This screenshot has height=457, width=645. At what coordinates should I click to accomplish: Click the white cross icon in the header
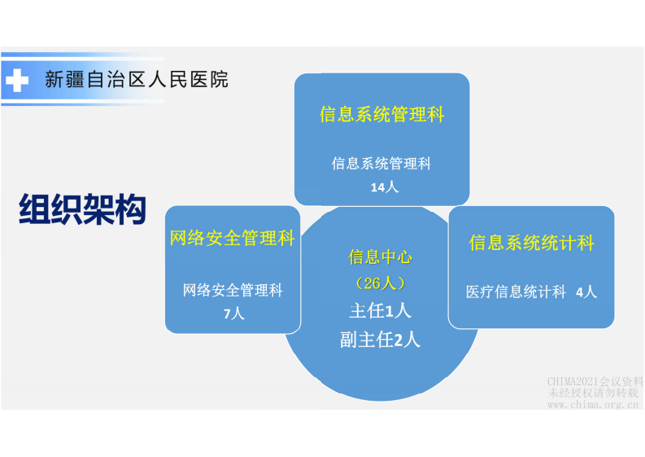coord(16,81)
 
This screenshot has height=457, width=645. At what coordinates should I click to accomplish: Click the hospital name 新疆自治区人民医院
coord(136,80)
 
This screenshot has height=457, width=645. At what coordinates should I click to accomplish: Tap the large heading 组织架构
coord(82,209)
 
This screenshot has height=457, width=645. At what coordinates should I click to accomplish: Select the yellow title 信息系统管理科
coord(381,114)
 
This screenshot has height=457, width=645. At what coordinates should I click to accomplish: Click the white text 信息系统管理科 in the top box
coord(381,164)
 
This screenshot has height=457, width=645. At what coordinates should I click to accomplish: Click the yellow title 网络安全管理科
coord(232,239)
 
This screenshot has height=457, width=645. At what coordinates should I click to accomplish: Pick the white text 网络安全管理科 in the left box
coord(233,290)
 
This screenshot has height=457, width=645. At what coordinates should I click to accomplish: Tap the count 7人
coord(233,314)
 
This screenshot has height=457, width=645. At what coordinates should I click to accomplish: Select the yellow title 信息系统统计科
coord(531,243)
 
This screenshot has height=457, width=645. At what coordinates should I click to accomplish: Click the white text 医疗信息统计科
coord(516,292)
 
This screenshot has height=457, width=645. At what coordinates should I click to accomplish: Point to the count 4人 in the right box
coord(586,292)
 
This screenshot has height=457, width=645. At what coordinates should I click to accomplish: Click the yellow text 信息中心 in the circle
coord(380,257)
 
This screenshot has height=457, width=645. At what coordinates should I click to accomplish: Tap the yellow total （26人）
coord(380,283)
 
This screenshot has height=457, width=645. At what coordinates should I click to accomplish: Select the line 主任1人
coord(380,310)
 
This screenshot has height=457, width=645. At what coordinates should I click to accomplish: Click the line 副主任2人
coord(380,340)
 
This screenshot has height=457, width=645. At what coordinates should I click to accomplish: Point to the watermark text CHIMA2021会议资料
coord(595,381)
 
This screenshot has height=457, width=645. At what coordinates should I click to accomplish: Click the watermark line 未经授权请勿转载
coord(595,393)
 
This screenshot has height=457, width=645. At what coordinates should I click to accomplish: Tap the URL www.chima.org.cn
coord(595,404)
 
